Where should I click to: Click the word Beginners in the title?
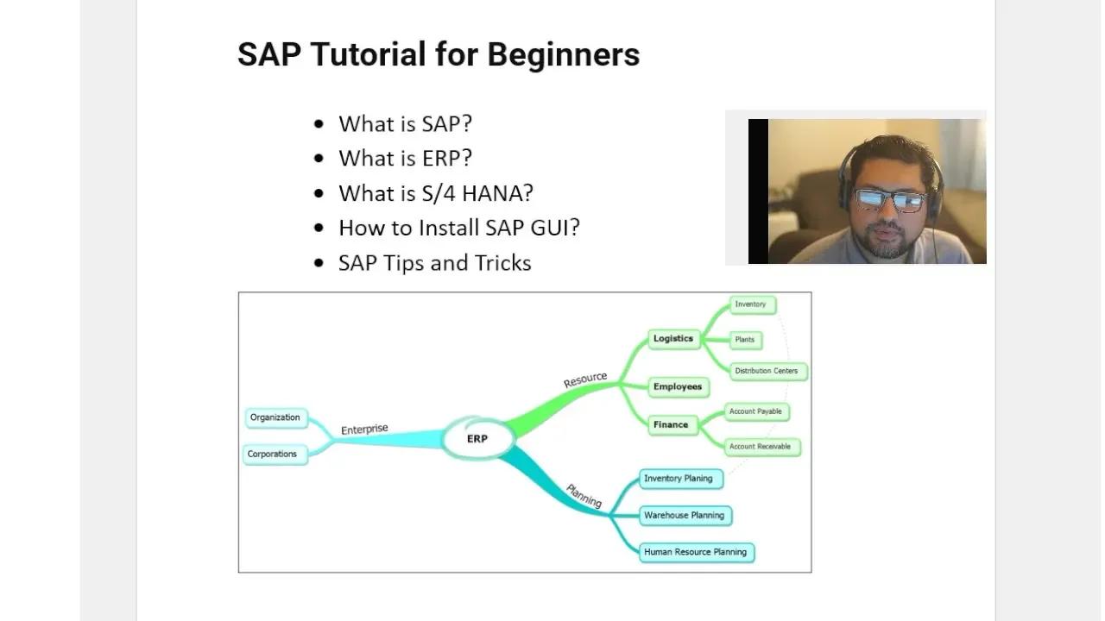563,54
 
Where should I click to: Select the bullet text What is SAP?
405,123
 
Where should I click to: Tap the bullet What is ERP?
405,159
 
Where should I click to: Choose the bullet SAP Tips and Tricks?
434,263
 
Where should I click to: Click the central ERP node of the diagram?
477,439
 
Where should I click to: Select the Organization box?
275,417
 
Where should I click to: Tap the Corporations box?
272,455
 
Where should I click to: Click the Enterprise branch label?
364,430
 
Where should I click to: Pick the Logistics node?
673,339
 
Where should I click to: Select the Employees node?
678,386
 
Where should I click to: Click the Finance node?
671,424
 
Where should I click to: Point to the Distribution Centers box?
766,371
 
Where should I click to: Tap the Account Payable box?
755,411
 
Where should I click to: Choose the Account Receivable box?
760,447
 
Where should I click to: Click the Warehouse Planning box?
684,516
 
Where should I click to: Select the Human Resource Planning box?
695,552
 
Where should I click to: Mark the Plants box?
744,340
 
